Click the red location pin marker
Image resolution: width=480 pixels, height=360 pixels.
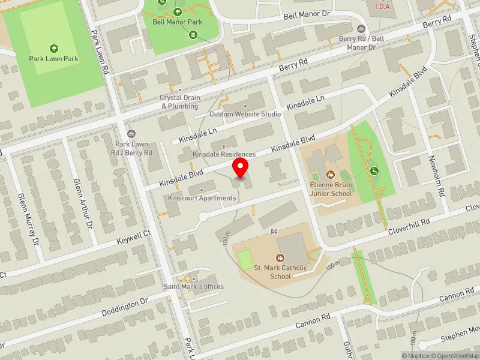click(x=241, y=167)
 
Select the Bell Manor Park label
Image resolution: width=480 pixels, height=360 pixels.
click(x=177, y=22)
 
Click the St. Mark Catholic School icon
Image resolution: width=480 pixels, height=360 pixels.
click(x=277, y=257)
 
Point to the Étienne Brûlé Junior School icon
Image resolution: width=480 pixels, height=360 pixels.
click(x=330, y=175)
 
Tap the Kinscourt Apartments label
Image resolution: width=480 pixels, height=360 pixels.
click(x=202, y=198)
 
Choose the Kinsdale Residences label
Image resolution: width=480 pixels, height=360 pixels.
click(x=224, y=154)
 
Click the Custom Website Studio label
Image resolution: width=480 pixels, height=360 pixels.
click(x=245, y=113)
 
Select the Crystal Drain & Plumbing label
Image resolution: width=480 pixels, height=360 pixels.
click(x=179, y=102)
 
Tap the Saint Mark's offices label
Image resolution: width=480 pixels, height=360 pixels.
click(x=194, y=286)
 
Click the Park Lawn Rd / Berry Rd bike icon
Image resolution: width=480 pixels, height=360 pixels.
click(x=131, y=133)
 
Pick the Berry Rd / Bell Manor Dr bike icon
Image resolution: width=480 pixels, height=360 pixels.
click(x=361, y=28)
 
